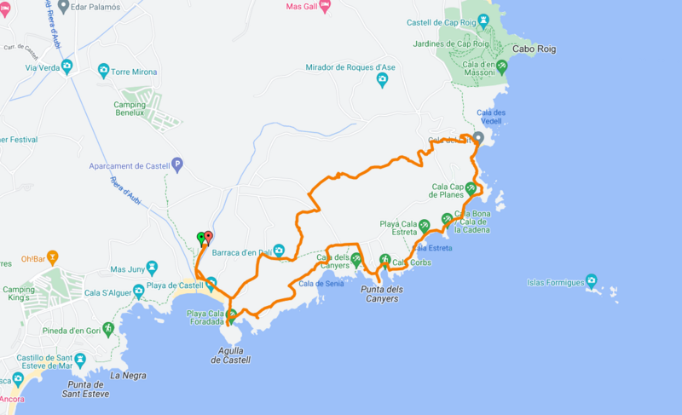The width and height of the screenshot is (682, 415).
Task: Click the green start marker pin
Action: pyautogui.click(x=201, y=238)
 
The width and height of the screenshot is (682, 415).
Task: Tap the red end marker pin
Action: pyautogui.click(x=208, y=237)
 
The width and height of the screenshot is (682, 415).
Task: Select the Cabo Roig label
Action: pyautogui.click(x=534, y=49)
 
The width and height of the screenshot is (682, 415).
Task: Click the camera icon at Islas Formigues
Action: pyautogui.click(x=592, y=280)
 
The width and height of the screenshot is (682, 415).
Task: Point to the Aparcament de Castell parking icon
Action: pyautogui.click(x=177, y=164)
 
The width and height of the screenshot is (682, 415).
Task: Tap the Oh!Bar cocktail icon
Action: pyautogui.click(x=52, y=256)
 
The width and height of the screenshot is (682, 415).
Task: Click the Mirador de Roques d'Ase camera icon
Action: pyautogui.click(x=382, y=80)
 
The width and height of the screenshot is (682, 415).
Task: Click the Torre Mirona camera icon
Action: pyautogui.click(x=103, y=71)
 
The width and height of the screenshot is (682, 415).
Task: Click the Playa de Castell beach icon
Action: pyautogui.click(x=211, y=283)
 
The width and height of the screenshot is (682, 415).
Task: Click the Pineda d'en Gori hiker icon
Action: pyautogui.click(x=108, y=327)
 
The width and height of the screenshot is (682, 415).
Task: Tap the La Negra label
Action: pyautogui.click(x=129, y=375)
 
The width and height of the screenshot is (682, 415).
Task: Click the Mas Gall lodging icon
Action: pyautogui.click(x=325, y=5)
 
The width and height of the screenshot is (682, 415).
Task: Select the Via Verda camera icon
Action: pyautogui.click(x=66, y=66)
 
